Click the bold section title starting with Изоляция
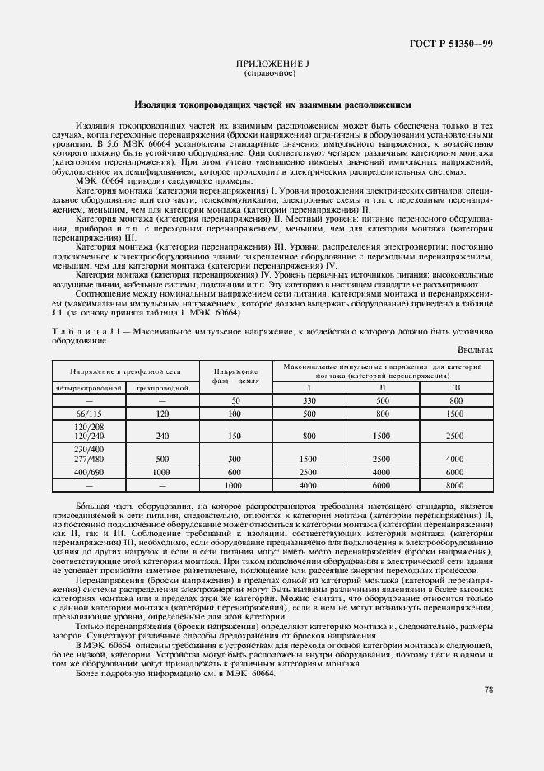[272, 105]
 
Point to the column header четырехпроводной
[89, 386]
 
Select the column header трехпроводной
[163, 386]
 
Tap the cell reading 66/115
[89, 413]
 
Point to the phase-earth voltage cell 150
[235, 436]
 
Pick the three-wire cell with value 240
[163, 436]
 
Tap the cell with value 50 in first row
[235, 400]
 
